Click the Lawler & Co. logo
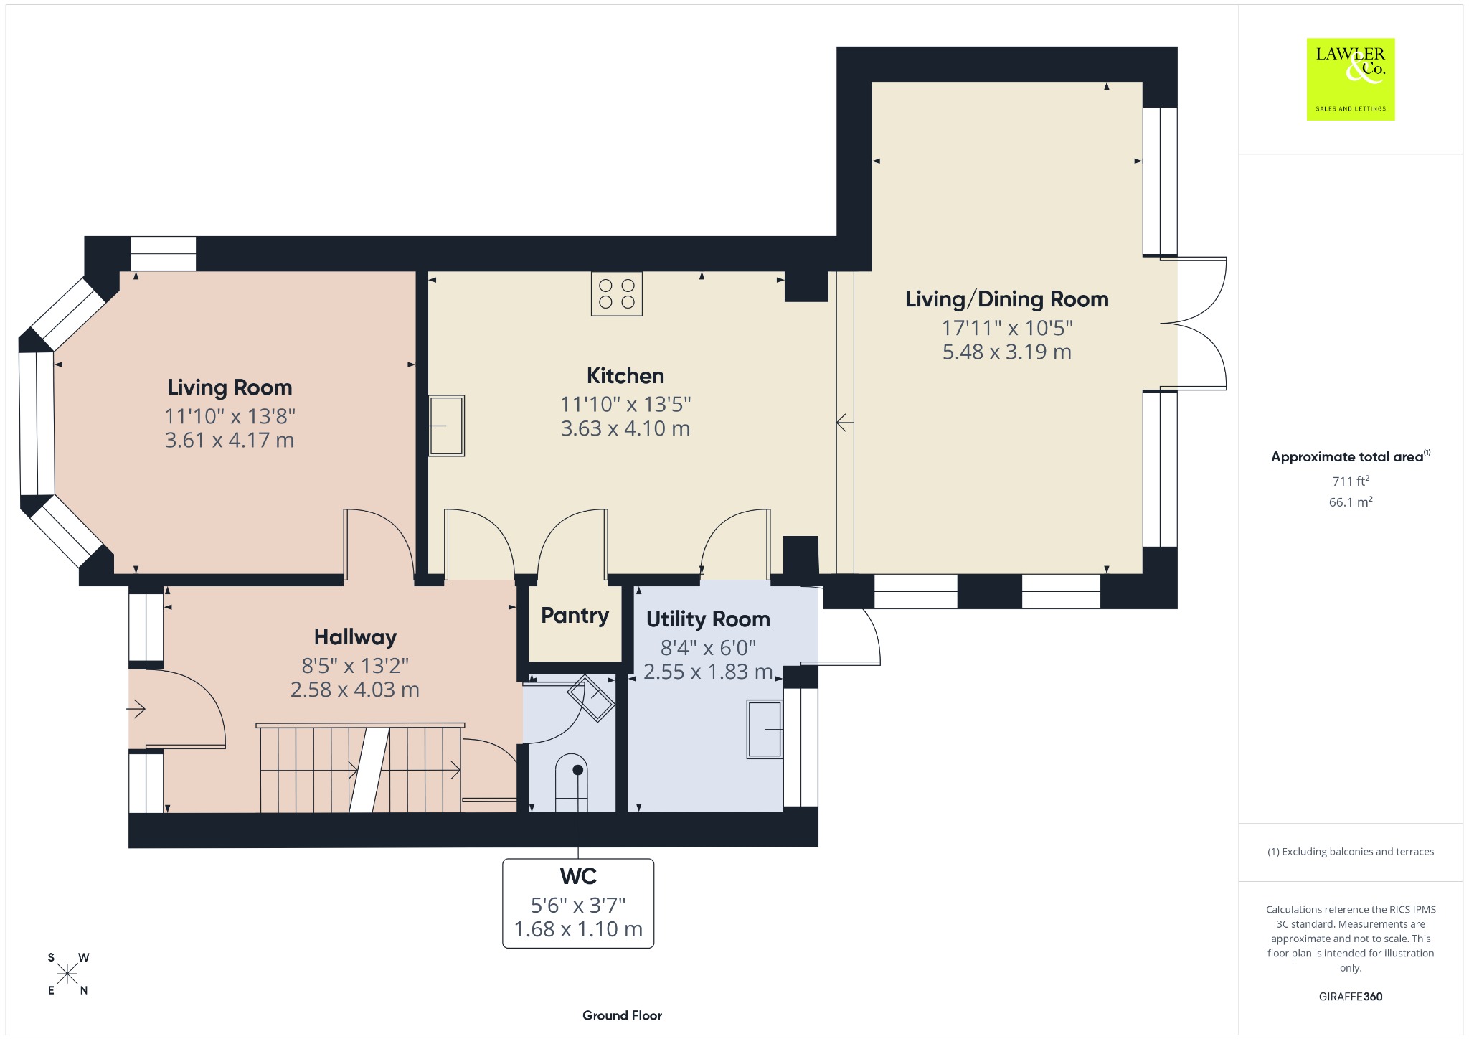pos(1351,79)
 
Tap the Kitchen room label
pos(625,376)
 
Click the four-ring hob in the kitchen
pos(617,294)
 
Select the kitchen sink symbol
pos(446,426)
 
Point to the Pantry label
pos(575,616)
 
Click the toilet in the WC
pos(572,782)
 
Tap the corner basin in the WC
pos(591,697)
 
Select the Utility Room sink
pos(765,729)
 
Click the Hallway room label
pos(355,637)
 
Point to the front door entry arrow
pos(136,710)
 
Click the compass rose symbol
pos(68,974)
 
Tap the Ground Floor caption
pos(622,1015)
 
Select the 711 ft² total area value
pos(1351,481)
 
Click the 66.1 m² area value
pos(1351,502)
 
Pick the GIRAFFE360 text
pos(1351,997)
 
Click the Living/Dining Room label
pos(1007,299)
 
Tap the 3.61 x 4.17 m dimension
pos(230,440)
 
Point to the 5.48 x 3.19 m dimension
pos(1007,352)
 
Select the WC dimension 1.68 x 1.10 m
pos(578,929)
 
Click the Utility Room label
pos(708,619)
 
